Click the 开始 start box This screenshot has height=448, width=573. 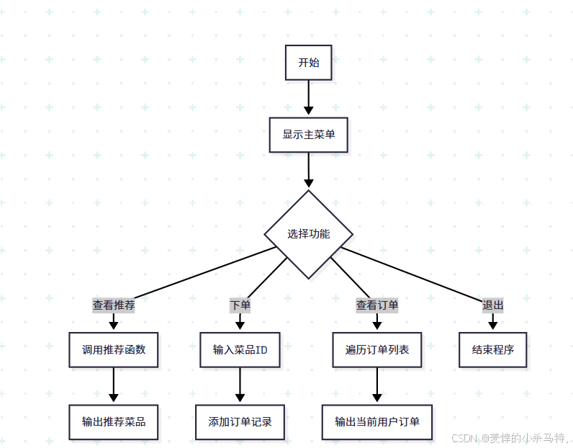tap(308, 63)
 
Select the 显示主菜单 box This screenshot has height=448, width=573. tap(308, 135)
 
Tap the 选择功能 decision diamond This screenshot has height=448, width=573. tap(308, 234)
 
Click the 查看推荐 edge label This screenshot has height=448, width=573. tap(114, 305)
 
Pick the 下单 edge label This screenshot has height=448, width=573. tap(240, 305)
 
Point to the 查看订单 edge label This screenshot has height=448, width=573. tap(377, 305)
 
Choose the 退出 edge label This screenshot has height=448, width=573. tap(493, 305)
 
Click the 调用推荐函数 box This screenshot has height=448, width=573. tap(114, 349)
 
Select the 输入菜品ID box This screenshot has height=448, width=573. tap(240, 349)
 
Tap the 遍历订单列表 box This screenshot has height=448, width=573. tap(377, 349)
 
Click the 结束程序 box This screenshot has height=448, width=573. tap(493, 349)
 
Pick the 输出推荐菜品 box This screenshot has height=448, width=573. tap(114, 421)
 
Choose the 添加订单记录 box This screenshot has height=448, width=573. tap(240, 421)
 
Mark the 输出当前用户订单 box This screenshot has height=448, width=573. tap(377, 421)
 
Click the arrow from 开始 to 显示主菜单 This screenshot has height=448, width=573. tap(308, 97)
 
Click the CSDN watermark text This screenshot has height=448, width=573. tap(508, 437)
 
